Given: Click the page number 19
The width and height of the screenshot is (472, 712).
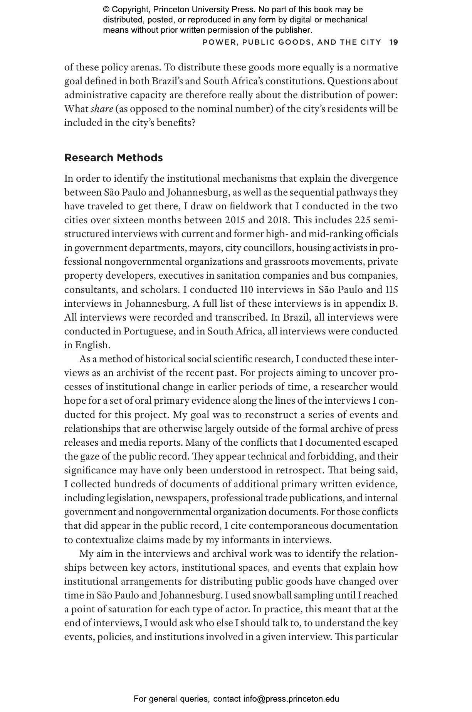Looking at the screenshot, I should pos(393,42).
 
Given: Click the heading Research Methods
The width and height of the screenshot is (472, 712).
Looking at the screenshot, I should pos(113,158).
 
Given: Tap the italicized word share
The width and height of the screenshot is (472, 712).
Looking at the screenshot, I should pos(102,109).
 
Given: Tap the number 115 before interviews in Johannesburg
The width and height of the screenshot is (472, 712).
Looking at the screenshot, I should pos(391,289).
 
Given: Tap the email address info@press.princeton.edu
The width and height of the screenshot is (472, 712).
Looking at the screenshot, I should pos(291,699).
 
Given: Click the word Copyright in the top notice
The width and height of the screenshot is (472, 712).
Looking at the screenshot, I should pos(128,10).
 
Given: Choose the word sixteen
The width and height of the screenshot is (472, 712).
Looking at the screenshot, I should pos(128,220).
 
